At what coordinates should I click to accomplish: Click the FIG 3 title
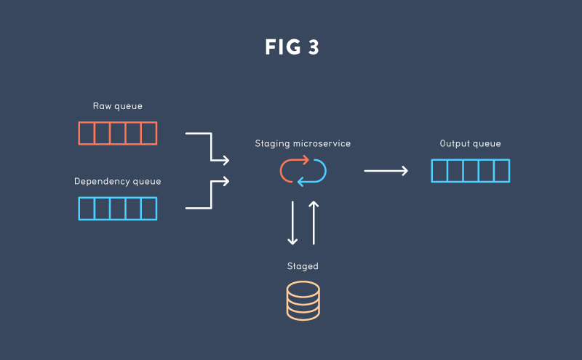coord(292,48)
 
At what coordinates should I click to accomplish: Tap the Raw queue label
coord(118,106)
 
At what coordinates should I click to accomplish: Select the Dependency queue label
coord(118,181)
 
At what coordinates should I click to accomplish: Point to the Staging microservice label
coord(303,144)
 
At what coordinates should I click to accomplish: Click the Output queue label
coord(470,144)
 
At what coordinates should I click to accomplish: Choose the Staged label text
coord(303,266)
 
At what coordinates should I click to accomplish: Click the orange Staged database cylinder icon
coord(303,300)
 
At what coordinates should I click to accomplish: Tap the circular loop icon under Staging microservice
coord(303,171)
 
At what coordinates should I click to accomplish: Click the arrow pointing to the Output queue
coord(386,171)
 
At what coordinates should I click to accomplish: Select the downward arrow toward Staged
coord(292,222)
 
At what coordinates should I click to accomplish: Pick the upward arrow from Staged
coord(314,222)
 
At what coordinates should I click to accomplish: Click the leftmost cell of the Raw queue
coord(87,133)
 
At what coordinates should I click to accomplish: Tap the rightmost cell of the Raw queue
coord(148,133)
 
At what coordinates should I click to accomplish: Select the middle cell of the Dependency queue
coord(118,209)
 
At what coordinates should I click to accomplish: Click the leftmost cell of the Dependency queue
coord(87,209)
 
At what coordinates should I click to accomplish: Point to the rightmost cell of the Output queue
coord(501,171)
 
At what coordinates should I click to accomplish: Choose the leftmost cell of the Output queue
coord(439,171)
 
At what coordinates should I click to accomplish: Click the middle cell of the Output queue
coord(471,171)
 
